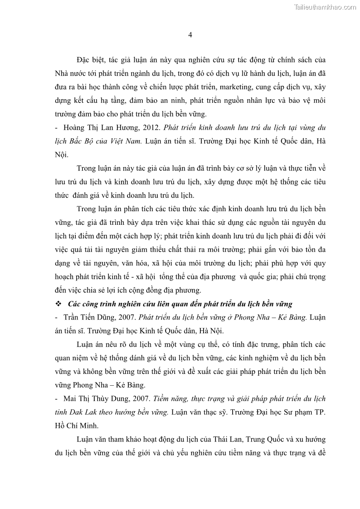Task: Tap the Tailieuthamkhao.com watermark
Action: click(325, 7)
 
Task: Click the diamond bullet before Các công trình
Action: click(58, 304)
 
